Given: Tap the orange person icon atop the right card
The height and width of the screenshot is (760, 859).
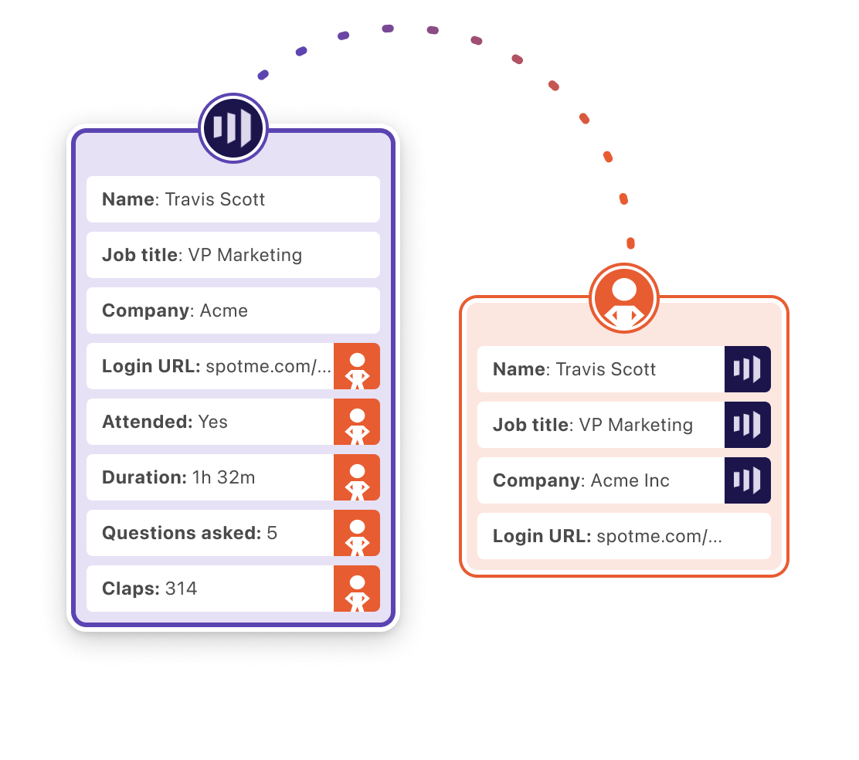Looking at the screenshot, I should (624, 298).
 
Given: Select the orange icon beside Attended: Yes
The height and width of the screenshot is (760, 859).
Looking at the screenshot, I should (357, 422).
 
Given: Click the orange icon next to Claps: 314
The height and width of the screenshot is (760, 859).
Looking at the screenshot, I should (357, 589).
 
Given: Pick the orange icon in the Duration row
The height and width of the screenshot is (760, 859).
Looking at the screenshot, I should (357, 477).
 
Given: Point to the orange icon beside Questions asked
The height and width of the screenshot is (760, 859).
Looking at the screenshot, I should (357, 533).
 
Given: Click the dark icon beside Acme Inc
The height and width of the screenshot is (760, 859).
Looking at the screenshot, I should (747, 480).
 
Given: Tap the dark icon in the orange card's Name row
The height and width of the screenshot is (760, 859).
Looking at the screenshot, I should (747, 369).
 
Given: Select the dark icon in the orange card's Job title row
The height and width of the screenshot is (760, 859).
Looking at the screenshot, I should (747, 425).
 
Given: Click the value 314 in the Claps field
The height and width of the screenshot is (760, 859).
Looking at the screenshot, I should (182, 589).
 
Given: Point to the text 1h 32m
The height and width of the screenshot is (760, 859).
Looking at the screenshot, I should (224, 477).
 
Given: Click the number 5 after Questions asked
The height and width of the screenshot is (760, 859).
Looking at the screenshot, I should (272, 533).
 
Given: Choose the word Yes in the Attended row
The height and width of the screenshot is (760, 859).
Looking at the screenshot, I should (213, 422).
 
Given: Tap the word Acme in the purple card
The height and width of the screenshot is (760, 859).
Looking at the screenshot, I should (224, 310).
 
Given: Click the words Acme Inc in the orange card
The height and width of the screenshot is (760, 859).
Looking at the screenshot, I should (630, 480).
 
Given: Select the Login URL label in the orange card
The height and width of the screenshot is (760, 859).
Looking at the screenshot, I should (542, 536).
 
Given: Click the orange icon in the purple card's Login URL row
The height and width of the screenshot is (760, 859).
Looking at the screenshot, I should (357, 366).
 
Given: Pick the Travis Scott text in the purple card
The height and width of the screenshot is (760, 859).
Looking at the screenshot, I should (215, 199).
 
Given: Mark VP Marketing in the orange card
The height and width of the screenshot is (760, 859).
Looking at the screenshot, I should (636, 425).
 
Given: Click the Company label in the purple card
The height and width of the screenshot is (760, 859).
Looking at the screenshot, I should (146, 310).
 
